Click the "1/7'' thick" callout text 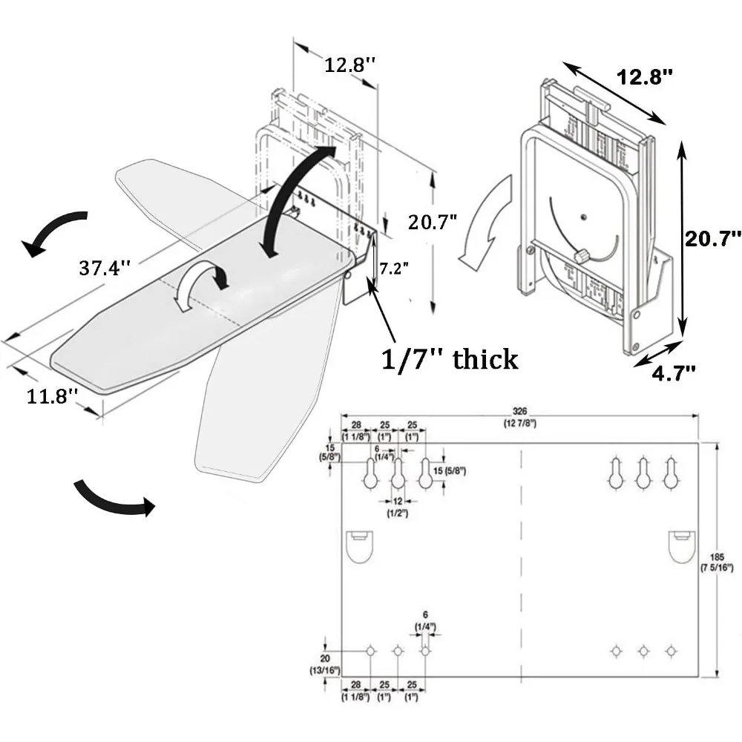[x=449, y=359]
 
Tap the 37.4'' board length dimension [x=105, y=268]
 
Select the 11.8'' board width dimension [x=53, y=396]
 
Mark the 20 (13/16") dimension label [x=325, y=663]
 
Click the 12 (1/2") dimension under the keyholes [x=397, y=508]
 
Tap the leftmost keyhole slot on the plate [x=370, y=473]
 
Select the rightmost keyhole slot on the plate [x=671, y=473]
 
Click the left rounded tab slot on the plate [x=361, y=546]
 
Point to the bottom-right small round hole [x=671, y=650]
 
